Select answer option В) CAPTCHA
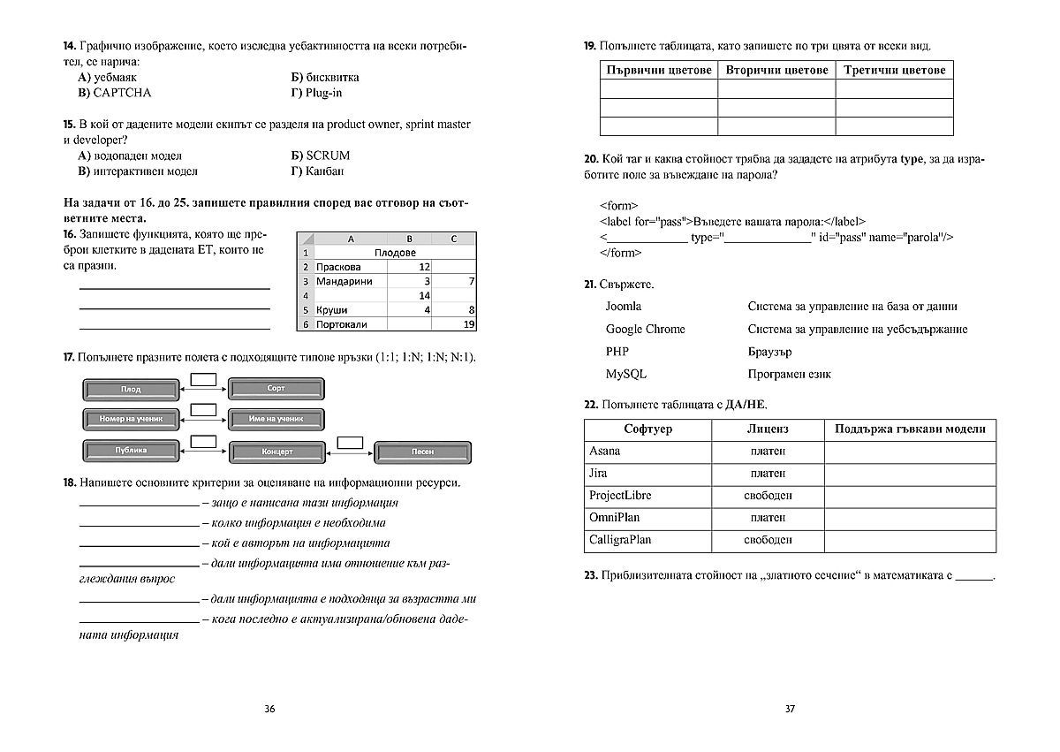tap(115, 93)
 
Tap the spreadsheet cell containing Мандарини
tap(344, 281)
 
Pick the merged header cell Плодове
tap(395, 253)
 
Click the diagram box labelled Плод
tap(131, 389)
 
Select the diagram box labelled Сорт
tap(276, 389)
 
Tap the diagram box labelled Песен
tap(422, 452)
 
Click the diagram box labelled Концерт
tap(276, 452)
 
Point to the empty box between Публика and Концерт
tap(204, 440)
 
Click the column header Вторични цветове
tap(776, 70)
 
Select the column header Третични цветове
tap(894, 70)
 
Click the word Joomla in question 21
tap(623, 307)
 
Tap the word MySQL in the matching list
tap(625, 375)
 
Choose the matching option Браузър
tap(769, 352)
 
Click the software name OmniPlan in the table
tap(614, 517)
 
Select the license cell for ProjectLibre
tap(767, 496)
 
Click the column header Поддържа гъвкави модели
tap(909, 429)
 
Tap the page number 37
tap(791, 709)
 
